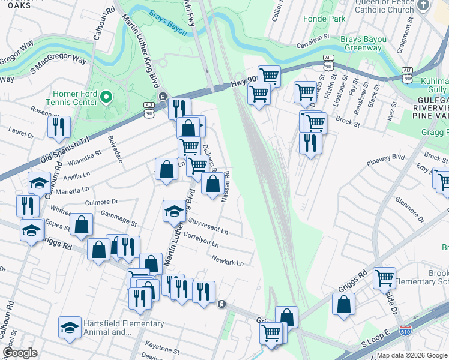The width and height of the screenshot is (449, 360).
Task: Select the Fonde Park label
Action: (x=328, y=19)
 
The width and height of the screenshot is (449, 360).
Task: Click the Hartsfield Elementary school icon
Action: (x=70, y=328)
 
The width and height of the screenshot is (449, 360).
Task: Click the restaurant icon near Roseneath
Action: (x=59, y=127)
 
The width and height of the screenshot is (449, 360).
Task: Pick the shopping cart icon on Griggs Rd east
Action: (x=384, y=278)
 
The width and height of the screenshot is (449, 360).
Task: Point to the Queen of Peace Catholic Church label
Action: (x=385, y=6)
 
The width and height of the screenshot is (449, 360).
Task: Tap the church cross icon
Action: (x=424, y=5)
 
